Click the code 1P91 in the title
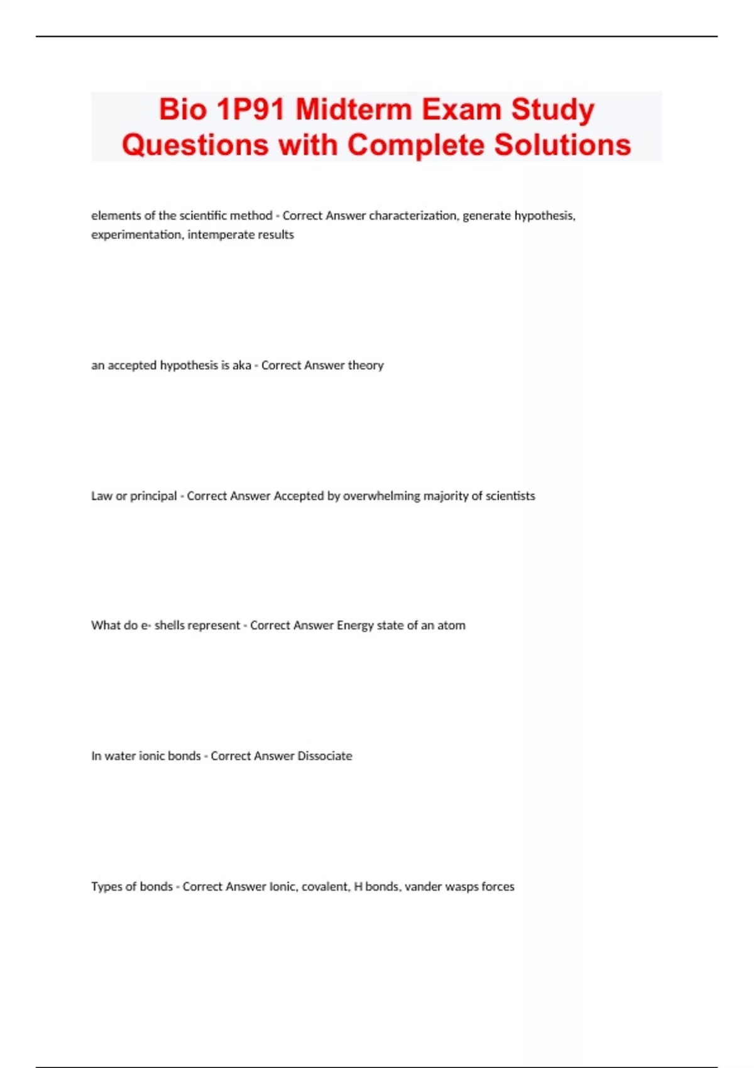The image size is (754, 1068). coord(251,109)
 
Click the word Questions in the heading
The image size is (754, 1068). coord(195,144)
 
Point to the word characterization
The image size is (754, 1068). coord(413,215)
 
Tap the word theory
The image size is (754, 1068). coord(366,365)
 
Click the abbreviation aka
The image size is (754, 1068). coord(241,365)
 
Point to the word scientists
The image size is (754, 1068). coord(510,496)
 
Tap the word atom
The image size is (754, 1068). coord(451,625)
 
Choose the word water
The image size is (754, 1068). coord(119,756)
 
